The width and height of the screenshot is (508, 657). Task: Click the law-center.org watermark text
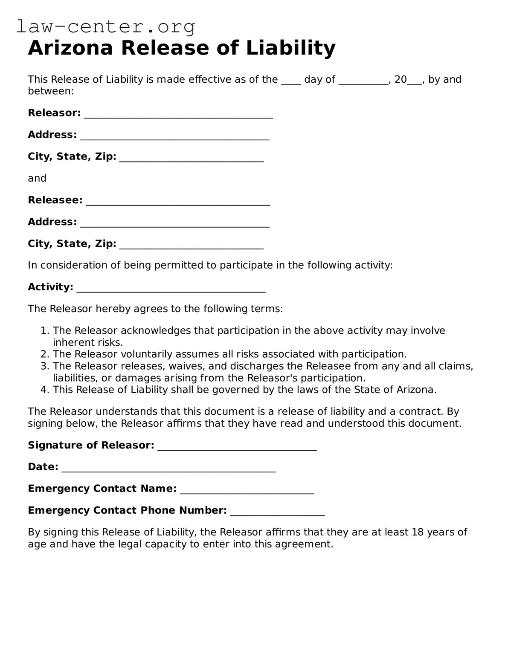click(x=106, y=27)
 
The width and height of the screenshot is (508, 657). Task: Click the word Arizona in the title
click(x=70, y=48)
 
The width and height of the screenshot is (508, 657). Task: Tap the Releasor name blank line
click(x=178, y=114)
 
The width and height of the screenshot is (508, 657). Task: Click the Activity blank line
click(x=171, y=288)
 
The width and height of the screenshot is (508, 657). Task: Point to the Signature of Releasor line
click(x=237, y=446)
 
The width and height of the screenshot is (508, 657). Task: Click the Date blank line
click(x=168, y=468)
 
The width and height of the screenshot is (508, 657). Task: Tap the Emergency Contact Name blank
click(x=247, y=490)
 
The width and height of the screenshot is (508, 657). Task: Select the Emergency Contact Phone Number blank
click(x=277, y=512)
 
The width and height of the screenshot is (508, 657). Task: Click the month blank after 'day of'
click(x=363, y=81)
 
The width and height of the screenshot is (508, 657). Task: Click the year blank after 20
click(x=415, y=81)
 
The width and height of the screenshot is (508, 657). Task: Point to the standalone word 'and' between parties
click(x=37, y=178)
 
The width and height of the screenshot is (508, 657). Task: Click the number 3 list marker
click(x=45, y=366)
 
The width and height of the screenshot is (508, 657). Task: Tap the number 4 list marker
click(x=45, y=390)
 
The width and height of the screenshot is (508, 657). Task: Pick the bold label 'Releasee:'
click(x=55, y=200)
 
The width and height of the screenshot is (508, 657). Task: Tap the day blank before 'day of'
click(x=291, y=81)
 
